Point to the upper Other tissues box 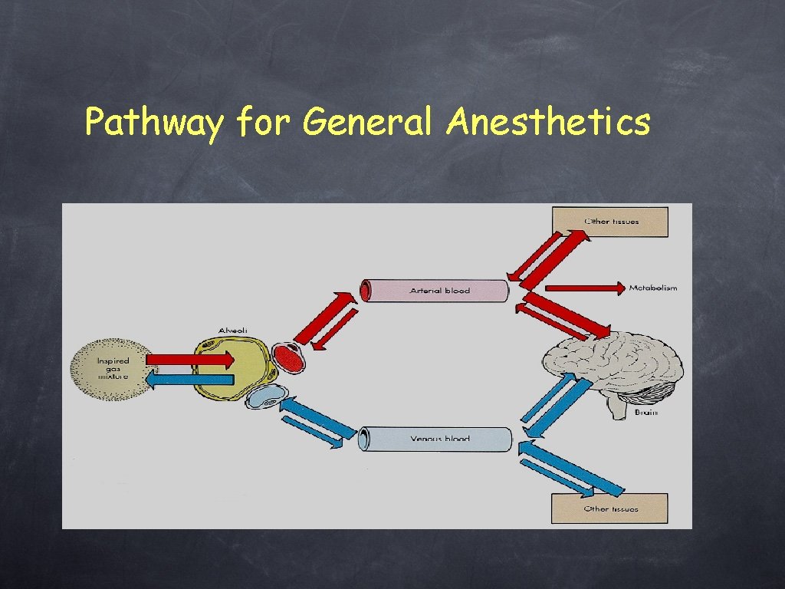[x=610, y=221]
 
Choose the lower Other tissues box [x=609, y=508]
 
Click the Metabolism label [x=653, y=288]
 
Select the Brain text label [x=645, y=413]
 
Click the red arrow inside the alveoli [x=190, y=359]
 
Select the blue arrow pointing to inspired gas [x=189, y=378]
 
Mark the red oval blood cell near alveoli [x=289, y=357]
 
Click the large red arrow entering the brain [x=568, y=314]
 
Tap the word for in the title [x=262, y=122]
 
